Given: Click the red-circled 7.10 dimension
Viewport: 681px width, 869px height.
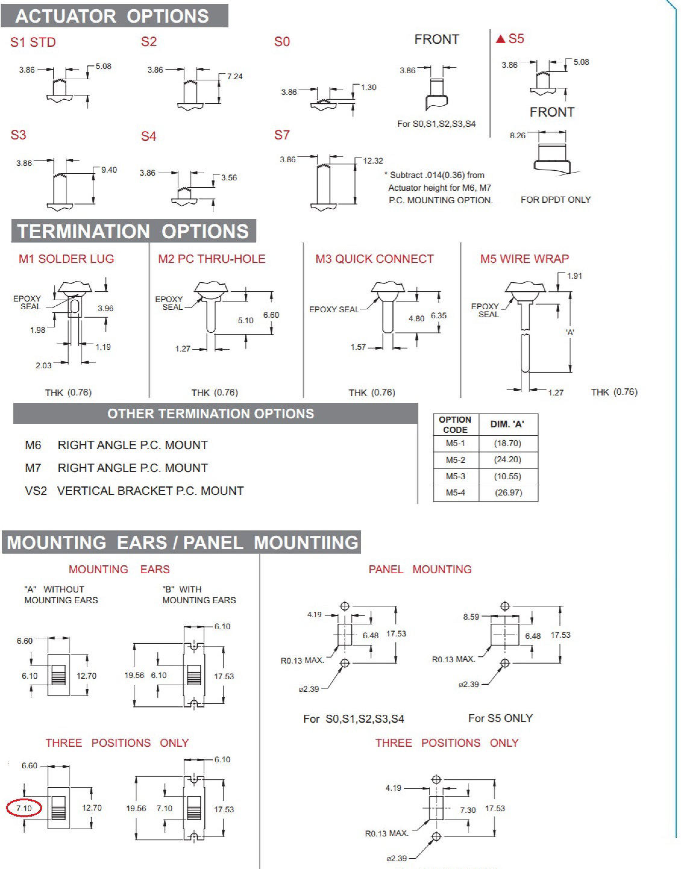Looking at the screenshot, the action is pos(24,808).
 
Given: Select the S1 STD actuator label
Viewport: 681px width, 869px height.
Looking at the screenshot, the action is pos(33,42).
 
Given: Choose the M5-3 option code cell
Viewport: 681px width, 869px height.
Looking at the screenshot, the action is pos(455,476).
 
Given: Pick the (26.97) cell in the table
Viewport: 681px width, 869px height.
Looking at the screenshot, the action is pos(508,493).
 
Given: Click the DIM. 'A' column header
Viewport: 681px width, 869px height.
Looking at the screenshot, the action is pos(507,424).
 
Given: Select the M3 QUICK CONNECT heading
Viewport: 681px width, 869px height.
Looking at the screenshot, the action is pos(374,259).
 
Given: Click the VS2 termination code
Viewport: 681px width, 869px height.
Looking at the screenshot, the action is pos(36,491).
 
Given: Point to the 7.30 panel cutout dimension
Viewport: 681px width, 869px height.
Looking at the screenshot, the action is pos(468,810).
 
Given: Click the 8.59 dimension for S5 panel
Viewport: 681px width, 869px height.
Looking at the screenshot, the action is pos(471,617).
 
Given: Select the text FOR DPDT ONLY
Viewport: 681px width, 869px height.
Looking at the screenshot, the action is pos(556,200).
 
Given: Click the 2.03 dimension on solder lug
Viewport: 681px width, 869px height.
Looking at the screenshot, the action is pos(43,366).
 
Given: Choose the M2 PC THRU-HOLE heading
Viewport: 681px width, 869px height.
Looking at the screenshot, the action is pos(212,259).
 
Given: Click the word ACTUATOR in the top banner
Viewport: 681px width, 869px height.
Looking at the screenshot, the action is pos(66,16).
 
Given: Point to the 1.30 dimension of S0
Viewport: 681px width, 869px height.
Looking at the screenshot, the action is pos(369,87).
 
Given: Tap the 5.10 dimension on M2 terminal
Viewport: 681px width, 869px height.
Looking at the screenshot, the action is pos(246,320).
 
